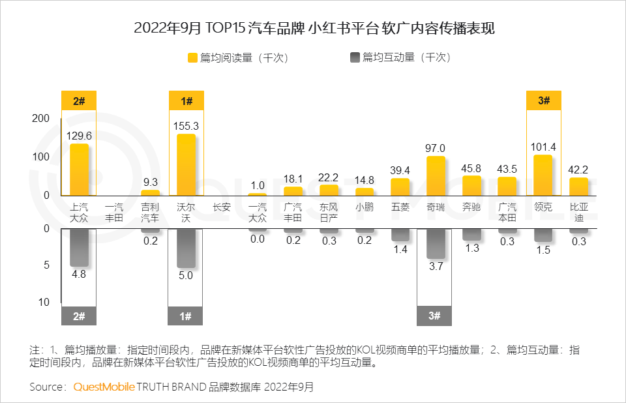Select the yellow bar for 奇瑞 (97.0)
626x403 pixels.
pyautogui.click(x=436, y=175)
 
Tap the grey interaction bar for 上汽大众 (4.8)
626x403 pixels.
pyautogui.click(x=79, y=247)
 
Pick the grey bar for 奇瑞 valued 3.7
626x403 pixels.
pyautogui.click(x=436, y=243)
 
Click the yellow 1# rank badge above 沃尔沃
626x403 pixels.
pyautogui.click(x=186, y=101)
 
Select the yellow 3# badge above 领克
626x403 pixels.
pyautogui.click(x=543, y=101)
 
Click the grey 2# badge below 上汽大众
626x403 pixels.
pyautogui.click(x=79, y=316)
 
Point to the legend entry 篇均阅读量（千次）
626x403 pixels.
pyautogui.click(x=238, y=57)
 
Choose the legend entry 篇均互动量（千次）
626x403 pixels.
pyautogui.click(x=400, y=57)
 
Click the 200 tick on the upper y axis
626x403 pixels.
pyautogui.click(x=40, y=118)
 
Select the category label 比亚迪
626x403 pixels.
pyautogui.click(x=578, y=213)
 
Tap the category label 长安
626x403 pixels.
pyautogui.click(x=222, y=207)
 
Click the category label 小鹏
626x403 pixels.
pyautogui.click(x=365, y=207)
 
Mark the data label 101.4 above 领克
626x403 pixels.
pyautogui.click(x=543, y=146)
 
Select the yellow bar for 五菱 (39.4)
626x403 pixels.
pyautogui.click(x=400, y=187)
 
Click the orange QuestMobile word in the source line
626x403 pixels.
pyautogui.click(x=104, y=387)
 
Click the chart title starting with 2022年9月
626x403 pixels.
pyautogui.click(x=313, y=28)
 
